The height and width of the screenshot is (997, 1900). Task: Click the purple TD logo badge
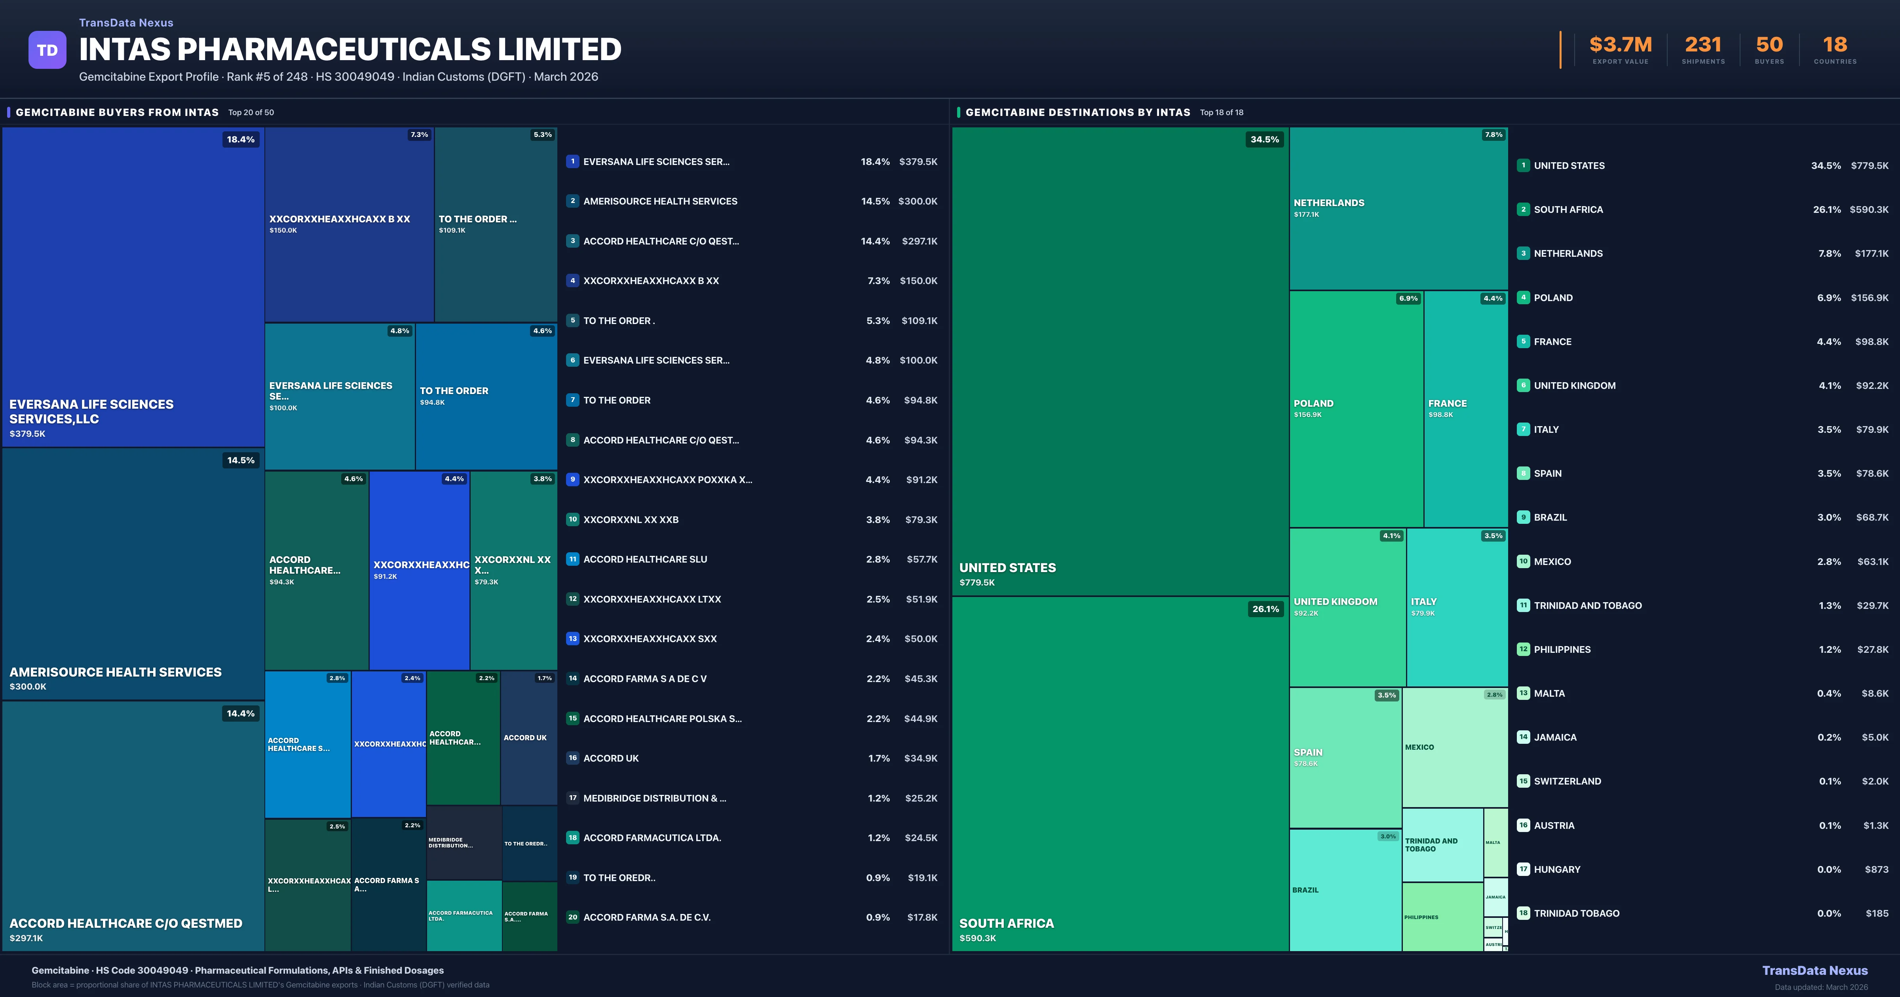click(x=47, y=50)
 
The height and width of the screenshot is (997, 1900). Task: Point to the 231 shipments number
click(x=1702, y=45)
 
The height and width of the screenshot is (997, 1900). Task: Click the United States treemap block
click(x=1120, y=361)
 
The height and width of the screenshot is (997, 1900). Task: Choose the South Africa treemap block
click(x=1120, y=774)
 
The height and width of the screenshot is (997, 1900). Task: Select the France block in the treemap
click(x=1465, y=409)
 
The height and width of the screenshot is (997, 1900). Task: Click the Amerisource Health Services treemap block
click(x=133, y=574)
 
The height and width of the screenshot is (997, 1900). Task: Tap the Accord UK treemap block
click(x=528, y=737)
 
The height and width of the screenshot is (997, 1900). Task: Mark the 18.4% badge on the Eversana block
click(x=240, y=139)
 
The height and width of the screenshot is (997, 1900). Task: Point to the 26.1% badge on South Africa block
click(x=1265, y=609)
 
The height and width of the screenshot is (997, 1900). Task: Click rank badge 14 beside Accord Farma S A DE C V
click(x=572, y=679)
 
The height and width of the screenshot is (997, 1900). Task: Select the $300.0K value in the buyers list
click(x=918, y=201)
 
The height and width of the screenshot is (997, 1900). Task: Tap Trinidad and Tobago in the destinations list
click(x=1587, y=605)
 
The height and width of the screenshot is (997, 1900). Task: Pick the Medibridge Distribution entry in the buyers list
click(x=654, y=798)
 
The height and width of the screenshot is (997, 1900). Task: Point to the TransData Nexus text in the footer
click(x=1814, y=970)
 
